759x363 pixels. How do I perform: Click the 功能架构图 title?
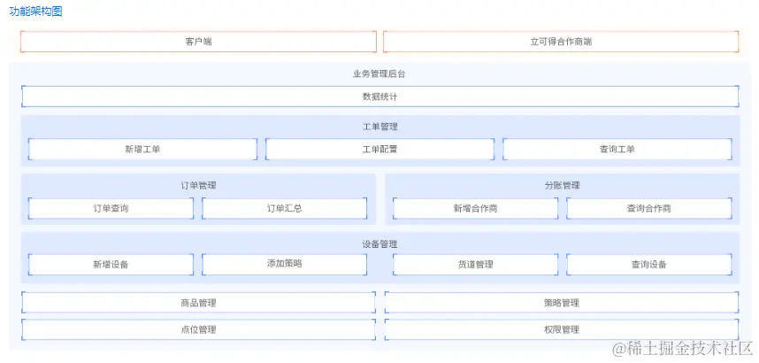(35, 12)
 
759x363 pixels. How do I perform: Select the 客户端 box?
(198, 42)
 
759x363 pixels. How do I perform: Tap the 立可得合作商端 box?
(561, 42)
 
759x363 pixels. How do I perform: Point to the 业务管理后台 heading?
(379, 73)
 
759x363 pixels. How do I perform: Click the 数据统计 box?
(379, 97)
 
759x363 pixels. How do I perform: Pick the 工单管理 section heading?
(379, 127)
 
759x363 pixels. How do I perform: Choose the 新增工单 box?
(142, 149)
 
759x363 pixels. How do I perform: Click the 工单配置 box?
(379, 149)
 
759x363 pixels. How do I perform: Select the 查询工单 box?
(617, 149)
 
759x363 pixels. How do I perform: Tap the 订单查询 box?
(111, 208)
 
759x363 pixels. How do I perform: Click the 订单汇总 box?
(284, 208)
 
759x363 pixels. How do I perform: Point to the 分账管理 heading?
(562, 186)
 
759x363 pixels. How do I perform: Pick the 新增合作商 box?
(475, 208)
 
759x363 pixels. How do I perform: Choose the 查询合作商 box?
(648, 208)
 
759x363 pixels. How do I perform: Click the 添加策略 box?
(284, 264)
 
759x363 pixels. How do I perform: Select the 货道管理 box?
(475, 264)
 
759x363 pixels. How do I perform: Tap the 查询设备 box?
(648, 264)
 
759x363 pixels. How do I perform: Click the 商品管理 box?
(198, 303)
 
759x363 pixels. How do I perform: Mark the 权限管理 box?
(561, 329)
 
